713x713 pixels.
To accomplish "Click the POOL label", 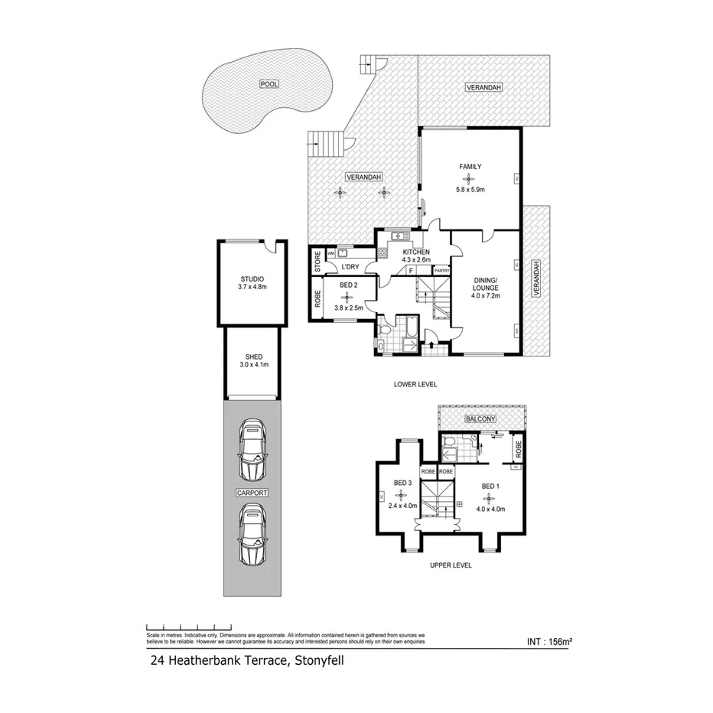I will click(268, 84).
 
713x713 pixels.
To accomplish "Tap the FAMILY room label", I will click(470, 166).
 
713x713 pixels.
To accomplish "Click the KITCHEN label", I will click(416, 252).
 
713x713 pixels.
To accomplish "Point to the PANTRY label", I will click(441, 270).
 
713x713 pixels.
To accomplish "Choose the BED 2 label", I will click(347, 284).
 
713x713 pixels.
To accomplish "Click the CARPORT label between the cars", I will click(252, 493).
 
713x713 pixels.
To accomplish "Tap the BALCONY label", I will click(480, 418).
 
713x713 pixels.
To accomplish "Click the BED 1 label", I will click(490, 486).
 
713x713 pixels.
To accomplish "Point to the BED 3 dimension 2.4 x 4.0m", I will click(402, 505).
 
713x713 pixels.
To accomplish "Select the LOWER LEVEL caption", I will click(416, 384).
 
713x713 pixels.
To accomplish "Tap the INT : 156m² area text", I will click(550, 643).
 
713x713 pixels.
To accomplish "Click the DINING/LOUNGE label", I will click(486, 284).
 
